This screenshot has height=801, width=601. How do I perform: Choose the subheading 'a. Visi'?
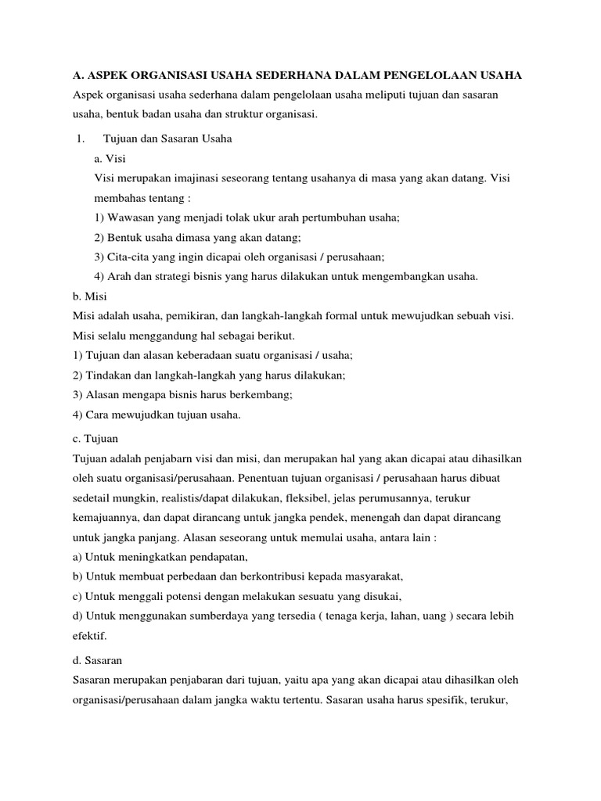click(110, 158)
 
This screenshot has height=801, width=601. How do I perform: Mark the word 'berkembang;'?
click(262, 395)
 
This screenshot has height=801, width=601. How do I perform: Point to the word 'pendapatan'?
click(216, 558)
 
